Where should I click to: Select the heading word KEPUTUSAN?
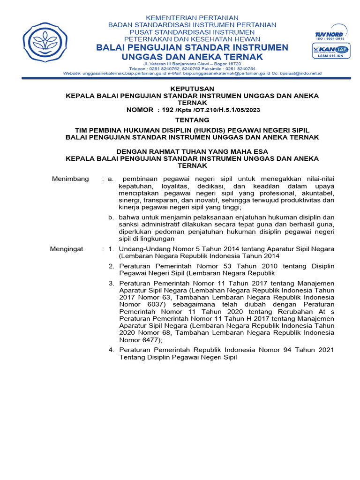[192, 88]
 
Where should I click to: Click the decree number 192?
[167, 110]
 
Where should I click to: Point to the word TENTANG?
[192, 120]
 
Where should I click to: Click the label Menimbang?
[70, 179]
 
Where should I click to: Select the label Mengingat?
[67, 249]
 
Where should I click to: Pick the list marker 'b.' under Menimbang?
[111, 217]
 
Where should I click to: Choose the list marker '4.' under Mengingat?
[111, 350]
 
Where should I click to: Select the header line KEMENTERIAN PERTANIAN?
[192, 17]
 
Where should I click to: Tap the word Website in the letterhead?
[72, 74]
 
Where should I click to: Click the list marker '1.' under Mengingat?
[111, 249]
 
